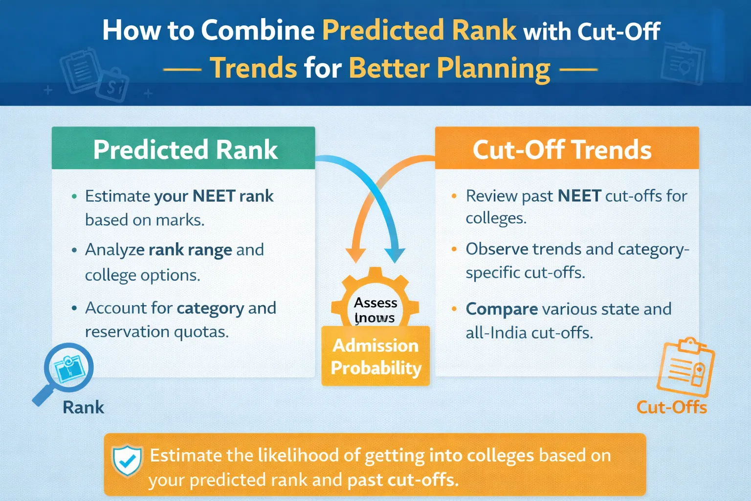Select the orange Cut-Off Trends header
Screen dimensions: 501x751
[566, 149]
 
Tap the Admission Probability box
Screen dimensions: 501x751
[375, 357]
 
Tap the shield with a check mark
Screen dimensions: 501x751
[127, 461]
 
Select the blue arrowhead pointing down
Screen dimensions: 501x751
[395, 254]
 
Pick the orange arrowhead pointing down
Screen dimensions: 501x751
[356, 254]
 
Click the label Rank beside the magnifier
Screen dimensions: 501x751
[84, 408]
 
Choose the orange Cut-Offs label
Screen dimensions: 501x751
[671, 408]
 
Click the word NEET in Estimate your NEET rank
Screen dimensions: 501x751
[214, 196]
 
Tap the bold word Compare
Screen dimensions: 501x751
[502, 309]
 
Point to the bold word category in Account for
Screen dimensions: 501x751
[210, 309]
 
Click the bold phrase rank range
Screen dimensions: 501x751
[190, 250]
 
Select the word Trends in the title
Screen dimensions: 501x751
[253, 68]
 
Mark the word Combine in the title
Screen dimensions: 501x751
[258, 30]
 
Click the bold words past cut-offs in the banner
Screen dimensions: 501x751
[403, 480]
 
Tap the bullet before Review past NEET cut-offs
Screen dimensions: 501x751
[454, 196]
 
